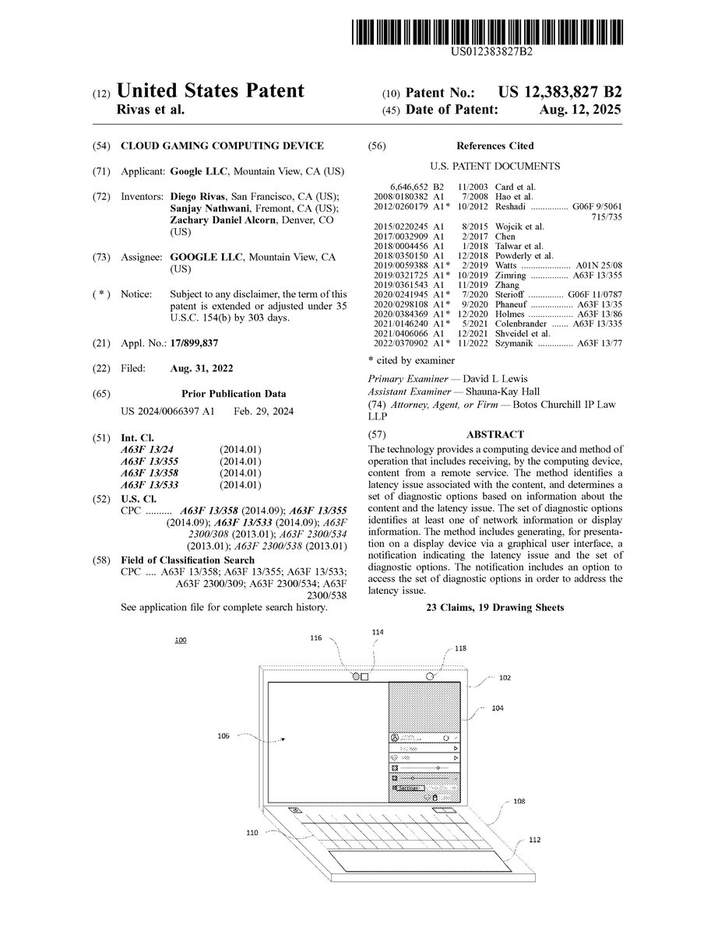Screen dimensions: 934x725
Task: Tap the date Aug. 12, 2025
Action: (x=580, y=110)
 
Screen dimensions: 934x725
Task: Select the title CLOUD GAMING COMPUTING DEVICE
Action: (x=222, y=146)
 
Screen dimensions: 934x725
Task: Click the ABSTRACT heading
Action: (x=494, y=434)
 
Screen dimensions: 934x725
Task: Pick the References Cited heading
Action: (x=495, y=146)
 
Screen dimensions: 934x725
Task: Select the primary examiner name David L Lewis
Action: (x=517, y=377)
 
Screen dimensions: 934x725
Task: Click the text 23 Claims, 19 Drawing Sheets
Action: (x=494, y=606)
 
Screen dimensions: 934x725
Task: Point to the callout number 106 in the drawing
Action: (x=223, y=736)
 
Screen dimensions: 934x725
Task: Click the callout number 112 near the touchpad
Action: (x=534, y=840)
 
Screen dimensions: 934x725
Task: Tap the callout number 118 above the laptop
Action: (x=461, y=648)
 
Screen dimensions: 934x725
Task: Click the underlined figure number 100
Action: (x=181, y=640)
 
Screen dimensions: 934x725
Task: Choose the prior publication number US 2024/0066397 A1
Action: (x=168, y=410)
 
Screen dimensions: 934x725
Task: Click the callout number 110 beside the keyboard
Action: (x=252, y=833)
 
